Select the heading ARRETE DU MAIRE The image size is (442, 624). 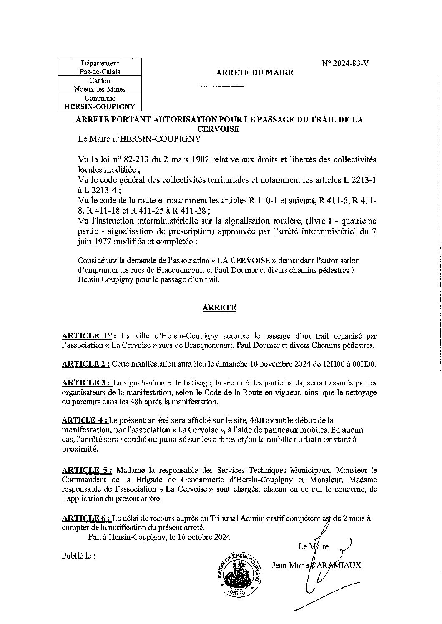pos(254,73)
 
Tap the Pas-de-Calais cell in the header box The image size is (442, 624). pos(99,71)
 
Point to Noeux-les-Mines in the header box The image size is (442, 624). pos(99,89)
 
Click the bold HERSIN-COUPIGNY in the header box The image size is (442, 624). pos(99,106)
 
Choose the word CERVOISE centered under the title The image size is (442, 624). pos(219,129)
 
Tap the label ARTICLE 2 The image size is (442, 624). pos(86,364)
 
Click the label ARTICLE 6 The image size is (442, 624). pos(86,518)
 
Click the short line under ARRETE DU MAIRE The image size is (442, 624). pos(222,86)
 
